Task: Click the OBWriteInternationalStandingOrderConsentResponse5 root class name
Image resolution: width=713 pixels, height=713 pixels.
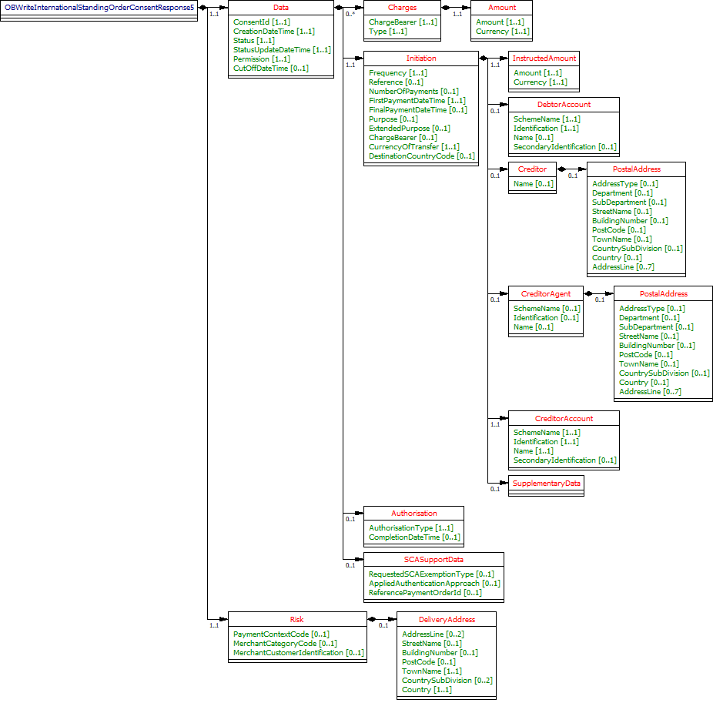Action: click(99, 7)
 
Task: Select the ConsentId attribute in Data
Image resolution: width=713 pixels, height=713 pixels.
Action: click(262, 22)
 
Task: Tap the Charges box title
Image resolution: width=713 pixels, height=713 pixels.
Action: click(402, 7)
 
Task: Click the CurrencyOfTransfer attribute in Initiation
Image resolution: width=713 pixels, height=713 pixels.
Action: click(413, 146)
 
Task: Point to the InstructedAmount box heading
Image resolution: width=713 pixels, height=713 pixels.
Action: click(544, 58)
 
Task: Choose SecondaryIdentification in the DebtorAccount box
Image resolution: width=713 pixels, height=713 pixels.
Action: click(564, 146)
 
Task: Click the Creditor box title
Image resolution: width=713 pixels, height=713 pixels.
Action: click(532, 169)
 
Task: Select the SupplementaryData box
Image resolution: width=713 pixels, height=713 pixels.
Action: click(547, 483)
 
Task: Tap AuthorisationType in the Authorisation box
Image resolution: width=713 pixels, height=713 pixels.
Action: click(410, 527)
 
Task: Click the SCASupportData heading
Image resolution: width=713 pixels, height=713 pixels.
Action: click(433, 559)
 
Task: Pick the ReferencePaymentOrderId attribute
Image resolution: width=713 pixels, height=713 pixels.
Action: click(425, 592)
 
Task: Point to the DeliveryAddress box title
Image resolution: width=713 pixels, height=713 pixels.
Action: click(447, 618)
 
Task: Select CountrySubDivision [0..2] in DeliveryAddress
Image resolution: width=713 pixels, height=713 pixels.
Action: click(447, 680)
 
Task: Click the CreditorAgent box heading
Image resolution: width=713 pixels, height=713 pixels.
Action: click(545, 293)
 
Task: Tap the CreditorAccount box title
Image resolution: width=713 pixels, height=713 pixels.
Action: click(564, 418)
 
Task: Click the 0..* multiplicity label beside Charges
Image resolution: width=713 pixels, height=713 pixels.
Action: click(350, 14)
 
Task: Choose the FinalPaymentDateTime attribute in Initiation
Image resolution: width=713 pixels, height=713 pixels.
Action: click(417, 109)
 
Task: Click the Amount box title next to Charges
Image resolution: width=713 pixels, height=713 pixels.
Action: click(502, 7)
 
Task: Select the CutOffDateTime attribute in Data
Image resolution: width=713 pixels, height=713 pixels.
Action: click(270, 68)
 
